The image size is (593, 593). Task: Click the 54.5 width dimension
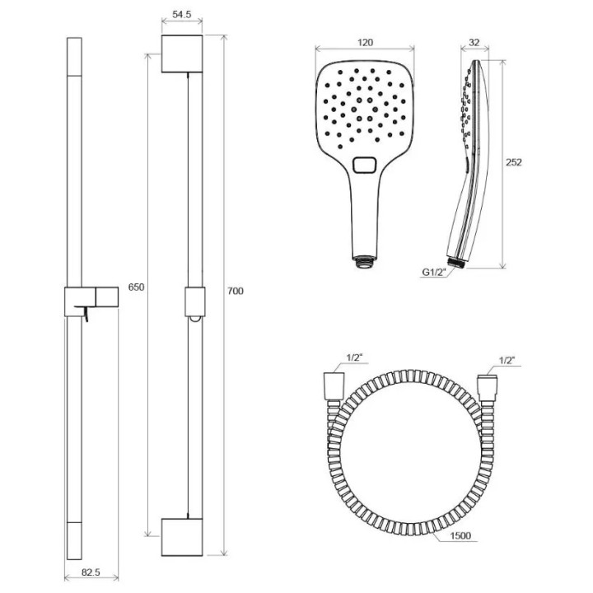[x=182, y=15]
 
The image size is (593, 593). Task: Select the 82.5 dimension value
[x=91, y=572]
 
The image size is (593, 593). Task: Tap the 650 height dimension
[x=136, y=287]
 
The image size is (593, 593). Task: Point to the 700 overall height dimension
[x=236, y=291]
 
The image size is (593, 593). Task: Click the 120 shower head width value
[x=365, y=42]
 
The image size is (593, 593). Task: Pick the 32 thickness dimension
[x=474, y=42]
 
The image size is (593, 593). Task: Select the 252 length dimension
[x=514, y=162]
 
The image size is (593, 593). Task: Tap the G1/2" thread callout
[x=434, y=273]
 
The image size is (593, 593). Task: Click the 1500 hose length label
[x=460, y=535]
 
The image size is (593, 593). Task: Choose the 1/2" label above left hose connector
[x=354, y=357]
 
